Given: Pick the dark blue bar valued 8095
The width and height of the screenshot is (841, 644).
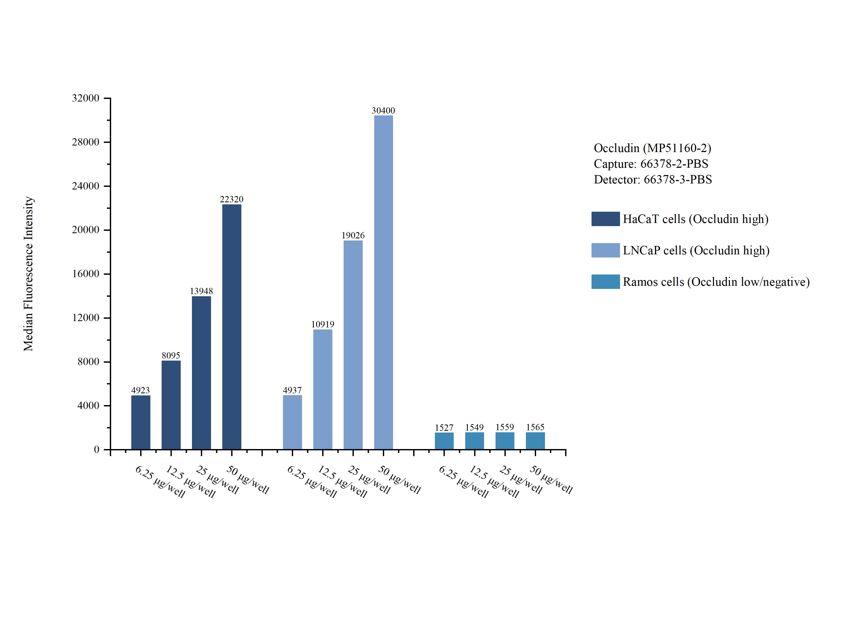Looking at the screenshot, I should pos(171,405).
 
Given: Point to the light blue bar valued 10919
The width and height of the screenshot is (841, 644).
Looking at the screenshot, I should pos(322,389).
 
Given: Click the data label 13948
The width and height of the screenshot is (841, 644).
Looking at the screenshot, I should pos(201,291).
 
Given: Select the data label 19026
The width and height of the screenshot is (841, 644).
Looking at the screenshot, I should pos(353,235).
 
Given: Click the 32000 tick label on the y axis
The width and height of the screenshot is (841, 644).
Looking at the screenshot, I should pos(86,98).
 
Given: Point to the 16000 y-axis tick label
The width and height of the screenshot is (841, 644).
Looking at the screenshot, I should pos(86,274).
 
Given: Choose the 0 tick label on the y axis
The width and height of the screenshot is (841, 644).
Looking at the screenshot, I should pos(96,449).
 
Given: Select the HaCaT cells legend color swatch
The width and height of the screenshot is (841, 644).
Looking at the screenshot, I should pos(605,219).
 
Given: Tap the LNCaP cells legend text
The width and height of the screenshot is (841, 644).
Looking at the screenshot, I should pos(696,250).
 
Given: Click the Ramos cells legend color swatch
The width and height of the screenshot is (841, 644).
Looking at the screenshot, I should pos(605,282).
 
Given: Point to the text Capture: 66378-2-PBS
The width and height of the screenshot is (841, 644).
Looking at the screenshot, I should pos(651,164).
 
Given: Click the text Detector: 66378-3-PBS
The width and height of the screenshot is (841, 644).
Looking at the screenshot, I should pos(652,180).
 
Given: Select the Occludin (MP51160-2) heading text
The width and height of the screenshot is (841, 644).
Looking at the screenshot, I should pos(652,148).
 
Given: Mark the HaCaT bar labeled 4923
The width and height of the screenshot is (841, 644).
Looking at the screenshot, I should pos(140,422).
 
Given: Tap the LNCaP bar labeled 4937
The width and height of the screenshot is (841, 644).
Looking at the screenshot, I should pos(292,422).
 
